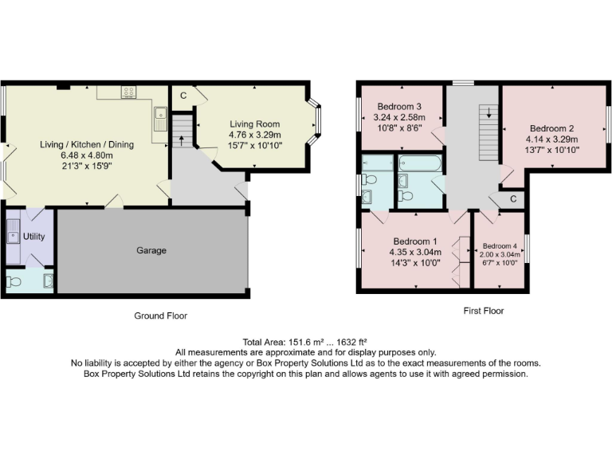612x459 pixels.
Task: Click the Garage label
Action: [151, 251]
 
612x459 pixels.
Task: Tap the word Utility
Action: [33, 237]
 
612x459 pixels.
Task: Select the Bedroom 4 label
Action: [499, 245]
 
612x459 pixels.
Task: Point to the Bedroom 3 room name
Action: [399, 107]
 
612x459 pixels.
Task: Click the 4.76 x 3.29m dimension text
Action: [255, 135]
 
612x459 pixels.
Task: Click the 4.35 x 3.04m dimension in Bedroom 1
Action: [414, 252]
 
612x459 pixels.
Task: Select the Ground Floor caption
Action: [160, 316]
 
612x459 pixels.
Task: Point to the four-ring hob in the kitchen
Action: [128, 92]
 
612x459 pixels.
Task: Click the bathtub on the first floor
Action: [419, 164]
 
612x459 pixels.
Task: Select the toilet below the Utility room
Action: [14, 281]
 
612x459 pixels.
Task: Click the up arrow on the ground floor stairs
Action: [182, 140]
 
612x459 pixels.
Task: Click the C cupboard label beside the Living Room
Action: [182, 96]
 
